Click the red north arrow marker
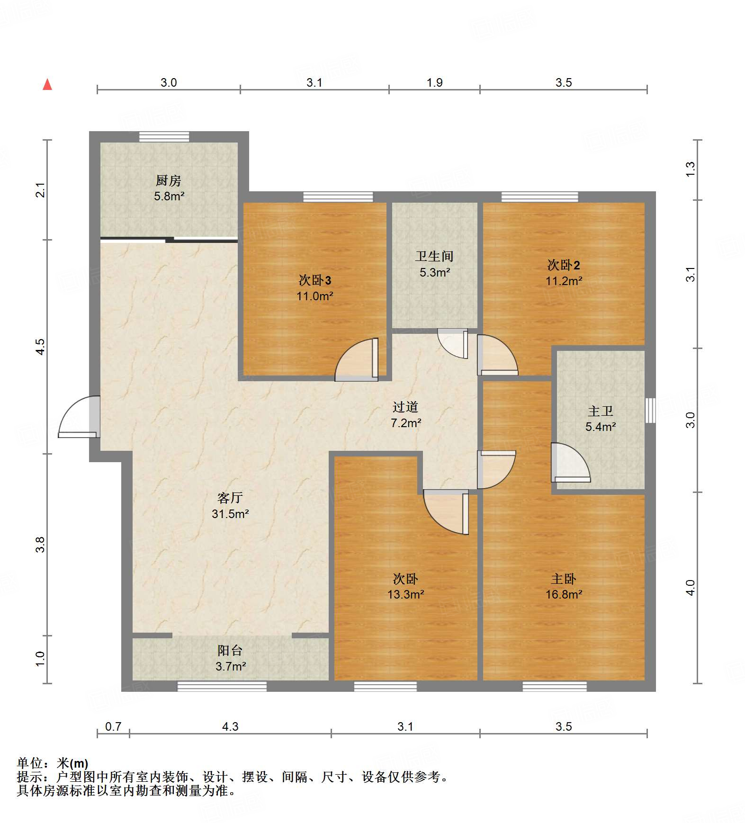click(47, 85)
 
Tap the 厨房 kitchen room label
click(169, 180)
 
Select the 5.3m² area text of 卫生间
click(434, 273)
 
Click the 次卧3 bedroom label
click(314, 280)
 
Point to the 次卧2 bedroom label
click(563, 265)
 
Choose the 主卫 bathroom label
click(600, 411)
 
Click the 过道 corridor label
click(405, 407)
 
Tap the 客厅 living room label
click(230, 498)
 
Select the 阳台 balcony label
click(230, 651)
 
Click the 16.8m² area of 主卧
click(563, 595)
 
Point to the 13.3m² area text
click(405, 595)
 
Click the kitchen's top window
click(164, 136)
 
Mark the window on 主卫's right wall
click(650, 410)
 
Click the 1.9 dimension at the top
click(434, 83)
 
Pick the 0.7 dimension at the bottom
click(113, 726)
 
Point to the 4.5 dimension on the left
click(41, 347)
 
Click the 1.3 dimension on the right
click(691, 170)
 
